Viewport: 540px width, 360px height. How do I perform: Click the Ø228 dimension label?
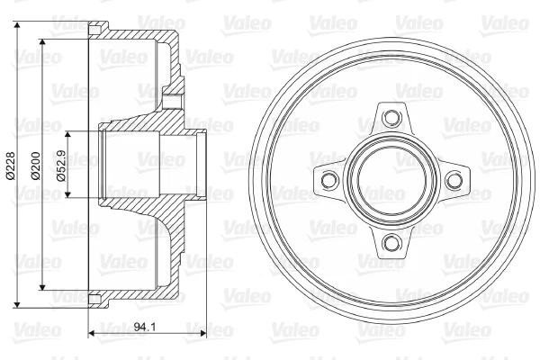point(10,166)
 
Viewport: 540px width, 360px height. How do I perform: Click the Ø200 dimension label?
point(35,166)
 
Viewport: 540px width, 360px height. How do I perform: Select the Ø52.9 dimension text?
point(61,165)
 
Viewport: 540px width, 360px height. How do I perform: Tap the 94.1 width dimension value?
point(145,327)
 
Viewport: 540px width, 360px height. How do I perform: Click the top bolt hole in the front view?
point(391,117)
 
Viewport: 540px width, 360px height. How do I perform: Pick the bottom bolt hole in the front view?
point(391,242)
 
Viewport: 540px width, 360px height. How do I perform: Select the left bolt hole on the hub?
point(328,180)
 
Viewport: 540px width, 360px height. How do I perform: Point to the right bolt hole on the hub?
point(454,180)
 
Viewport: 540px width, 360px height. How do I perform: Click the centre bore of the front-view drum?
point(391,180)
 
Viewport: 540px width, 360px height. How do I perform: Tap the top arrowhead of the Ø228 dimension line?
point(17,25)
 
